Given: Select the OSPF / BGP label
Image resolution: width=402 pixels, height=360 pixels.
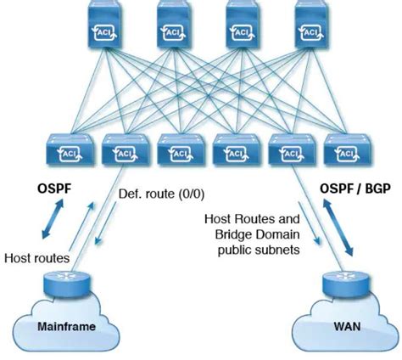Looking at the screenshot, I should click(356, 188).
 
